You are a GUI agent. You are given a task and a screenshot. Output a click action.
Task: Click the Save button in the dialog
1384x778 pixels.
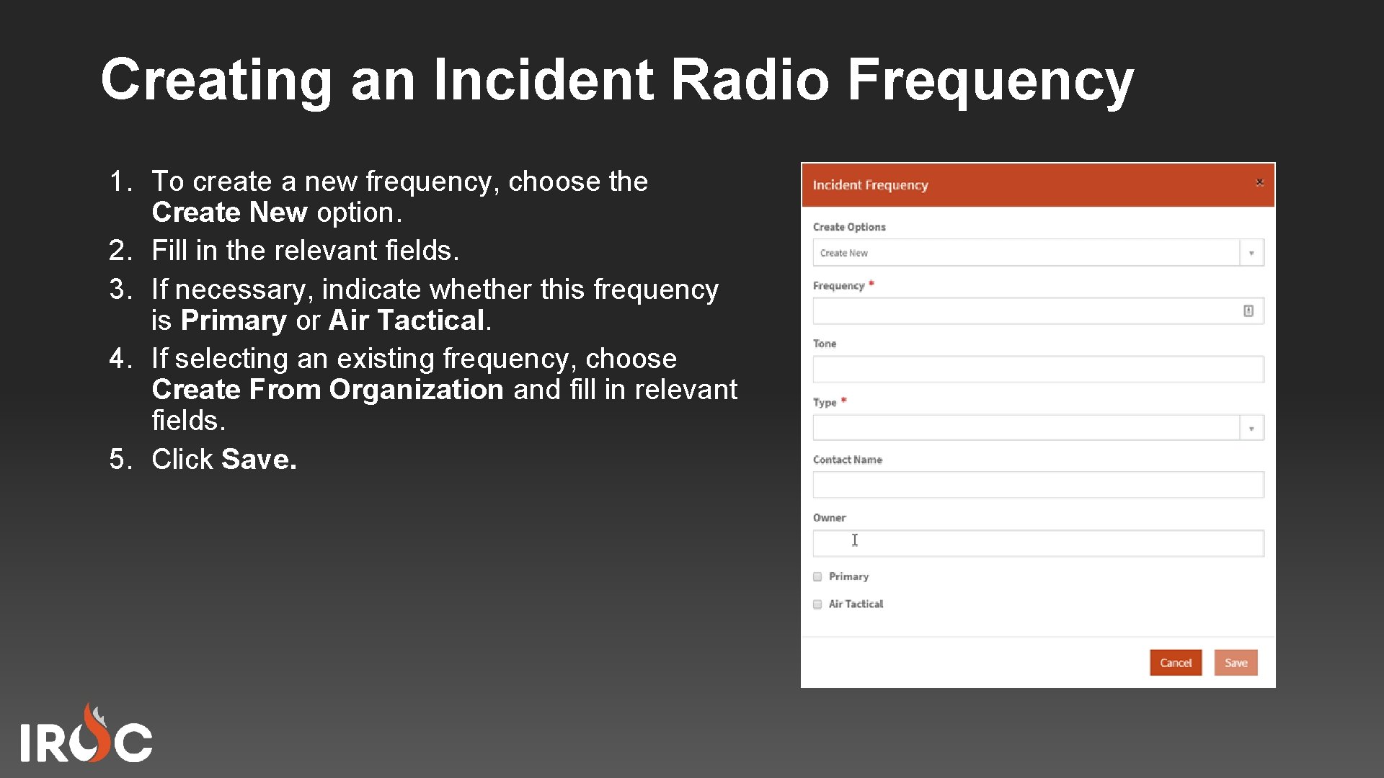coord(1236,663)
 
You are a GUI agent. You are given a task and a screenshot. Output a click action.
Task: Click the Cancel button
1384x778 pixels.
coord(1175,663)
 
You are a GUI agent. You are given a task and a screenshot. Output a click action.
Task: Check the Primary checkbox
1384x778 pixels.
coord(817,576)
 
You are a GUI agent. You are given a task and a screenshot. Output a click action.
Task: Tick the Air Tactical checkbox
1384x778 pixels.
coord(817,604)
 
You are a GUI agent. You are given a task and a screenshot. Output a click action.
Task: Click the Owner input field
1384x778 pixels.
coord(1038,543)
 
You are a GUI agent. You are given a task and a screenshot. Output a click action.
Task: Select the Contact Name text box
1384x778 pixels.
coord(1038,485)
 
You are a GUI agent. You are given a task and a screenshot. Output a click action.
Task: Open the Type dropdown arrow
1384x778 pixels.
coord(1251,428)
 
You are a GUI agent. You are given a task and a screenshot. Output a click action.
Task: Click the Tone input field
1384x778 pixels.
coord(1038,370)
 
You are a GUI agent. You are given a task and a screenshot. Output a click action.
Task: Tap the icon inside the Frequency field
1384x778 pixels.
coord(1248,310)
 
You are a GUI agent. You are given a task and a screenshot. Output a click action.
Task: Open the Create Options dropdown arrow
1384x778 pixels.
coord(1251,253)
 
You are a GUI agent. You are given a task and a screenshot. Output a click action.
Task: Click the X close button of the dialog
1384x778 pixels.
coord(1259,182)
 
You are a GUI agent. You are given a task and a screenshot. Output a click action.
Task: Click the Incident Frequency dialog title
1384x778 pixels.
coord(870,185)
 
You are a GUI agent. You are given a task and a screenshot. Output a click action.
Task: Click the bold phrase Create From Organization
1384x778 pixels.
coord(327,390)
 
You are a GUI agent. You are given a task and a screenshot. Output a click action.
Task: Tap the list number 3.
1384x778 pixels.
coord(119,290)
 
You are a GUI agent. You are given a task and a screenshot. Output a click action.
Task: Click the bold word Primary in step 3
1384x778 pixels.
coord(234,321)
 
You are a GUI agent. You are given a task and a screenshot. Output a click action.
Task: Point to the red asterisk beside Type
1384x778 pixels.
coord(843,400)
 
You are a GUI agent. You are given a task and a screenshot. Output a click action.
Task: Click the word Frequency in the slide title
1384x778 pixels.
coord(990,79)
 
